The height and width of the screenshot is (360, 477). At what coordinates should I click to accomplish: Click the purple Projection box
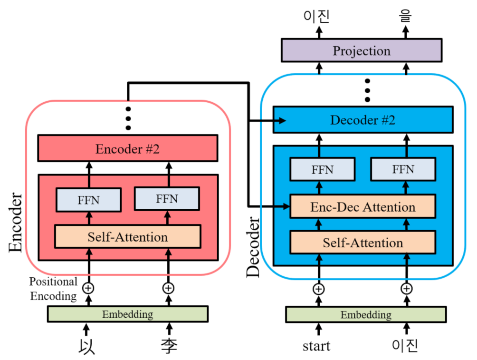tap(361, 50)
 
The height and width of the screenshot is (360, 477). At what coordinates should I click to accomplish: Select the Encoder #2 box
tap(127, 148)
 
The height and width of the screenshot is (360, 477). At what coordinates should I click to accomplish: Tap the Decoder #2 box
tap(363, 120)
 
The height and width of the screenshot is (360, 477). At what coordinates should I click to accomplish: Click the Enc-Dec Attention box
tap(363, 207)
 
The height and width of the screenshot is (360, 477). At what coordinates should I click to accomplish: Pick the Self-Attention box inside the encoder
tap(127, 236)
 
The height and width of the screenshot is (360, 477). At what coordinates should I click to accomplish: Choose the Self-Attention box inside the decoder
tap(363, 243)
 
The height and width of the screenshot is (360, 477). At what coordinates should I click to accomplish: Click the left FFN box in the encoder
tap(88, 200)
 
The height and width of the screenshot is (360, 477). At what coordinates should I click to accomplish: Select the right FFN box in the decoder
tap(402, 169)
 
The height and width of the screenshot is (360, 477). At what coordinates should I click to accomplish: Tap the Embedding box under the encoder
tap(127, 314)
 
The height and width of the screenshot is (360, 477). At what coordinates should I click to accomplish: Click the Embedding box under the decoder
tap(365, 314)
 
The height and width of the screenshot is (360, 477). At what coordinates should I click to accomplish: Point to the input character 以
tap(86, 346)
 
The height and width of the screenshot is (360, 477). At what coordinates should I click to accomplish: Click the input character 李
tap(169, 346)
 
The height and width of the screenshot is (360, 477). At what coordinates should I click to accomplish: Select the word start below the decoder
tap(316, 346)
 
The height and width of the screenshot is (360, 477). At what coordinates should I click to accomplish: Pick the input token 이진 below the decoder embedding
tap(405, 345)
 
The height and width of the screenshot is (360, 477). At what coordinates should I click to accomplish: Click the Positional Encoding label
tap(53, 289)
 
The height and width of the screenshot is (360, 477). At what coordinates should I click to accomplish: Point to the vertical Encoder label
tap(15, 222)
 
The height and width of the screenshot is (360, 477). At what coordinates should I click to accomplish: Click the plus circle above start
tap(318, 288)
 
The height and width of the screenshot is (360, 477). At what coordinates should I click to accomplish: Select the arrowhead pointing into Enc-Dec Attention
tap(286, 206)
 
